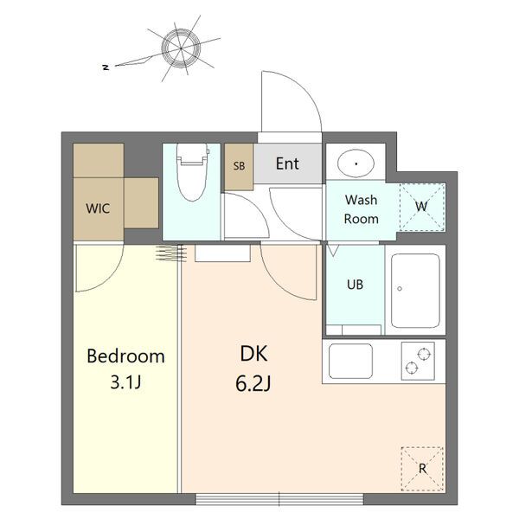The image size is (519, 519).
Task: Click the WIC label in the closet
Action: [x=98, y=208]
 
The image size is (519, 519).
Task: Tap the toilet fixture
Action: [x=193, y=172]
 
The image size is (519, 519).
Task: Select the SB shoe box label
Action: [x=239, y=165]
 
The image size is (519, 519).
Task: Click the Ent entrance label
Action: [x=287, y=163]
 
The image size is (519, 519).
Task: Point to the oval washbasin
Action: [x=356, y=163]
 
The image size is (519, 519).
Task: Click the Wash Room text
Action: [x=361, y=209]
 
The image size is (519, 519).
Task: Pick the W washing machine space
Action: [x=422, y=207]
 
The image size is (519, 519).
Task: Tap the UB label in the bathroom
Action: [x=356, y=285]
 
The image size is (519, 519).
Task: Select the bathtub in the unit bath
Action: [x=415, y=291]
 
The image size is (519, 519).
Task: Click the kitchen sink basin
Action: [x=350, y=361]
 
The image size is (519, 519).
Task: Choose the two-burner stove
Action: [x=418, y=361]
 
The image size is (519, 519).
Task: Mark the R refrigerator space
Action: [x=422, y=469]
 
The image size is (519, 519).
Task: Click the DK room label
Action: [x=253, y=354]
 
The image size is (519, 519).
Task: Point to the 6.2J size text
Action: [x=253, y=384]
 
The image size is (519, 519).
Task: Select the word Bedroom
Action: [x=125, y=356]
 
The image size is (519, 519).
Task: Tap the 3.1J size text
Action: [x=125, y=382]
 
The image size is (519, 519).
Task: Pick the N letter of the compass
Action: [x=106, y=67]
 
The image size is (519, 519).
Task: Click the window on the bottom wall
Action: [x=279, y=499]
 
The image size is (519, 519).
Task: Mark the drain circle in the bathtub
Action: [x=400, y=289]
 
